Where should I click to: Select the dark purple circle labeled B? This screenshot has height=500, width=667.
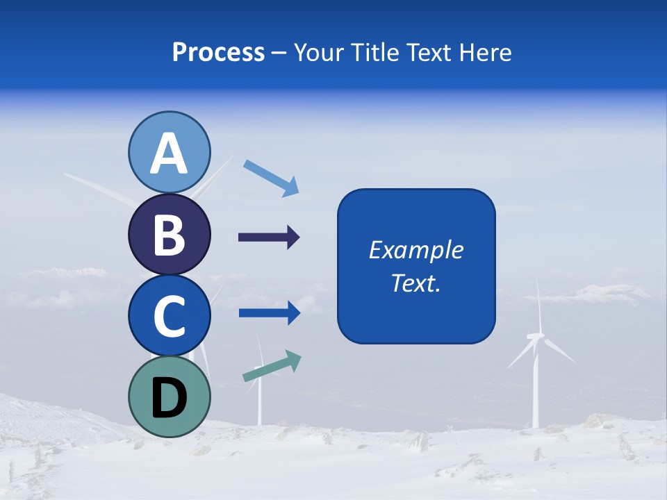[x=169, y=235]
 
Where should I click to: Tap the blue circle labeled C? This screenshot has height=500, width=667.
[x=169, y=315]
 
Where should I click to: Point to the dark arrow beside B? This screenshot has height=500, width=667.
[x=269, y=237]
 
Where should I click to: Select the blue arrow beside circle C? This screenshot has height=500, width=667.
[x=270, y=313]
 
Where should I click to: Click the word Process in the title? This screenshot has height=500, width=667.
[x=218, y=52]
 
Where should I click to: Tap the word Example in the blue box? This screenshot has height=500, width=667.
[x=416, y=250]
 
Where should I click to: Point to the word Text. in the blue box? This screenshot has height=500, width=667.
[x=416, y=283]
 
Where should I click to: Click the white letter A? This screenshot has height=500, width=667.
[x=169, y=154]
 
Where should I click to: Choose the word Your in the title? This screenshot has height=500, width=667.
[x=318, y=52]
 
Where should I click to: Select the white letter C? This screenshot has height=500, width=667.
[x=169, y=317]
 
